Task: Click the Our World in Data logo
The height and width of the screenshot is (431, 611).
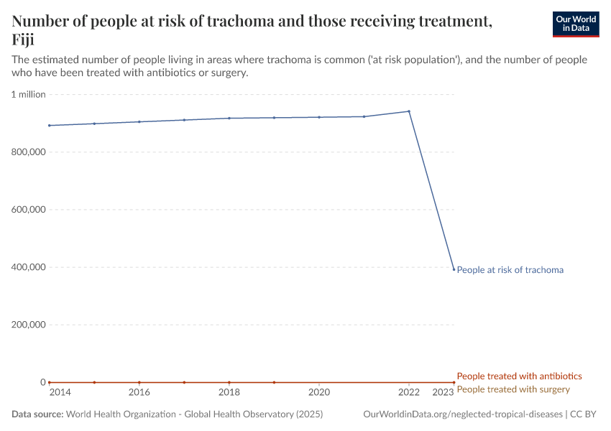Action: [x=575, y=24]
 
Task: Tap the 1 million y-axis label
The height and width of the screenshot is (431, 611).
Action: [x=29, y=95]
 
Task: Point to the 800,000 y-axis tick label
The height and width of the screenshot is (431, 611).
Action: [x=27, y=152]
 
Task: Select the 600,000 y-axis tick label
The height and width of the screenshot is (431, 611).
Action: [x=27, y=210]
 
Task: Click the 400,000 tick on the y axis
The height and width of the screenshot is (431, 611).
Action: [x=27, y=267]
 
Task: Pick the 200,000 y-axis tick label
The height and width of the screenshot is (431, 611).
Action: [x=27, y=325]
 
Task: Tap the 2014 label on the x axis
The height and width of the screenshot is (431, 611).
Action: [x=60, y=392]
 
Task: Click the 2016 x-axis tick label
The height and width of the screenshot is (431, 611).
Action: [x=139, y=392]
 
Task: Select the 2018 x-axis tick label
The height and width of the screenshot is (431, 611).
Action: [x=229, y=392]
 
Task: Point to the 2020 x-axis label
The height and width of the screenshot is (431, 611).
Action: [x=318, y=392]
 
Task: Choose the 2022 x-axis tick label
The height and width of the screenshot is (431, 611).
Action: [x=409, y=392]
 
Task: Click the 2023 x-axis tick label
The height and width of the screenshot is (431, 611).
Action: [x=443, y=392]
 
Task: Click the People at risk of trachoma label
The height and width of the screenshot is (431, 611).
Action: [x=510, y=270]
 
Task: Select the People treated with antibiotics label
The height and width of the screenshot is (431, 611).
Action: [x=519, y=376]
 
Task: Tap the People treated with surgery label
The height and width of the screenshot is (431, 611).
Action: [x=513, y=389]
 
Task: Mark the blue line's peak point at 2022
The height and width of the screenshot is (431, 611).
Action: [x=409, y=111]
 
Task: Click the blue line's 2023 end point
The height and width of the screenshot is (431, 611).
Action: [x=454, y=269]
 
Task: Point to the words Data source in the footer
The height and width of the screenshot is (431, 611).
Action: [x=37, y=414]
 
